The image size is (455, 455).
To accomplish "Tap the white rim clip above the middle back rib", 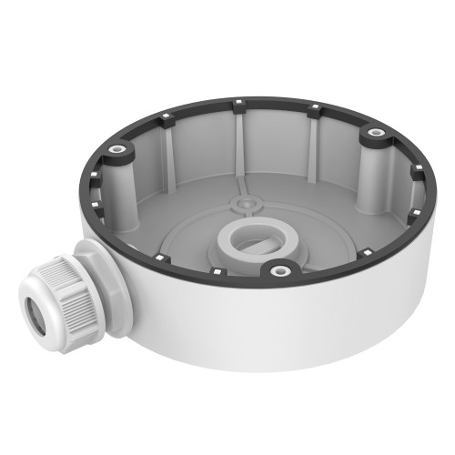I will pyautogui.click(x=239, y=101).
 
